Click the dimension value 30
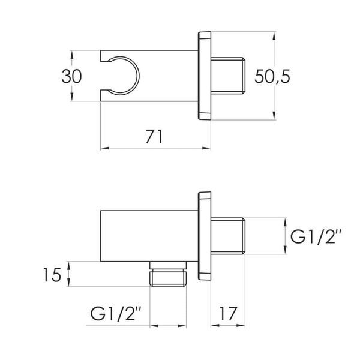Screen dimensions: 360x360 [x=71, y=76]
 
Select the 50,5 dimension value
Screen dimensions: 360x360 [x=272, y=76]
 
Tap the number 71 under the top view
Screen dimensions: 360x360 [x=154, y=137]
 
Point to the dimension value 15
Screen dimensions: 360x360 [x=52, y=275]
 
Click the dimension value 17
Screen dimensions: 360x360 [x=227, y=313]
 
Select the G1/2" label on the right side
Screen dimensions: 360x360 [x=316, y=237]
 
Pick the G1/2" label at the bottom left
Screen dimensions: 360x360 [x=115, y=313]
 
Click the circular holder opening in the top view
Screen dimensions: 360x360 [x=139, y=76]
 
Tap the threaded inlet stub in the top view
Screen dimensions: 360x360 [x=228, y=76]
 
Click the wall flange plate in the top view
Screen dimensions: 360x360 [x=205, y=76]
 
